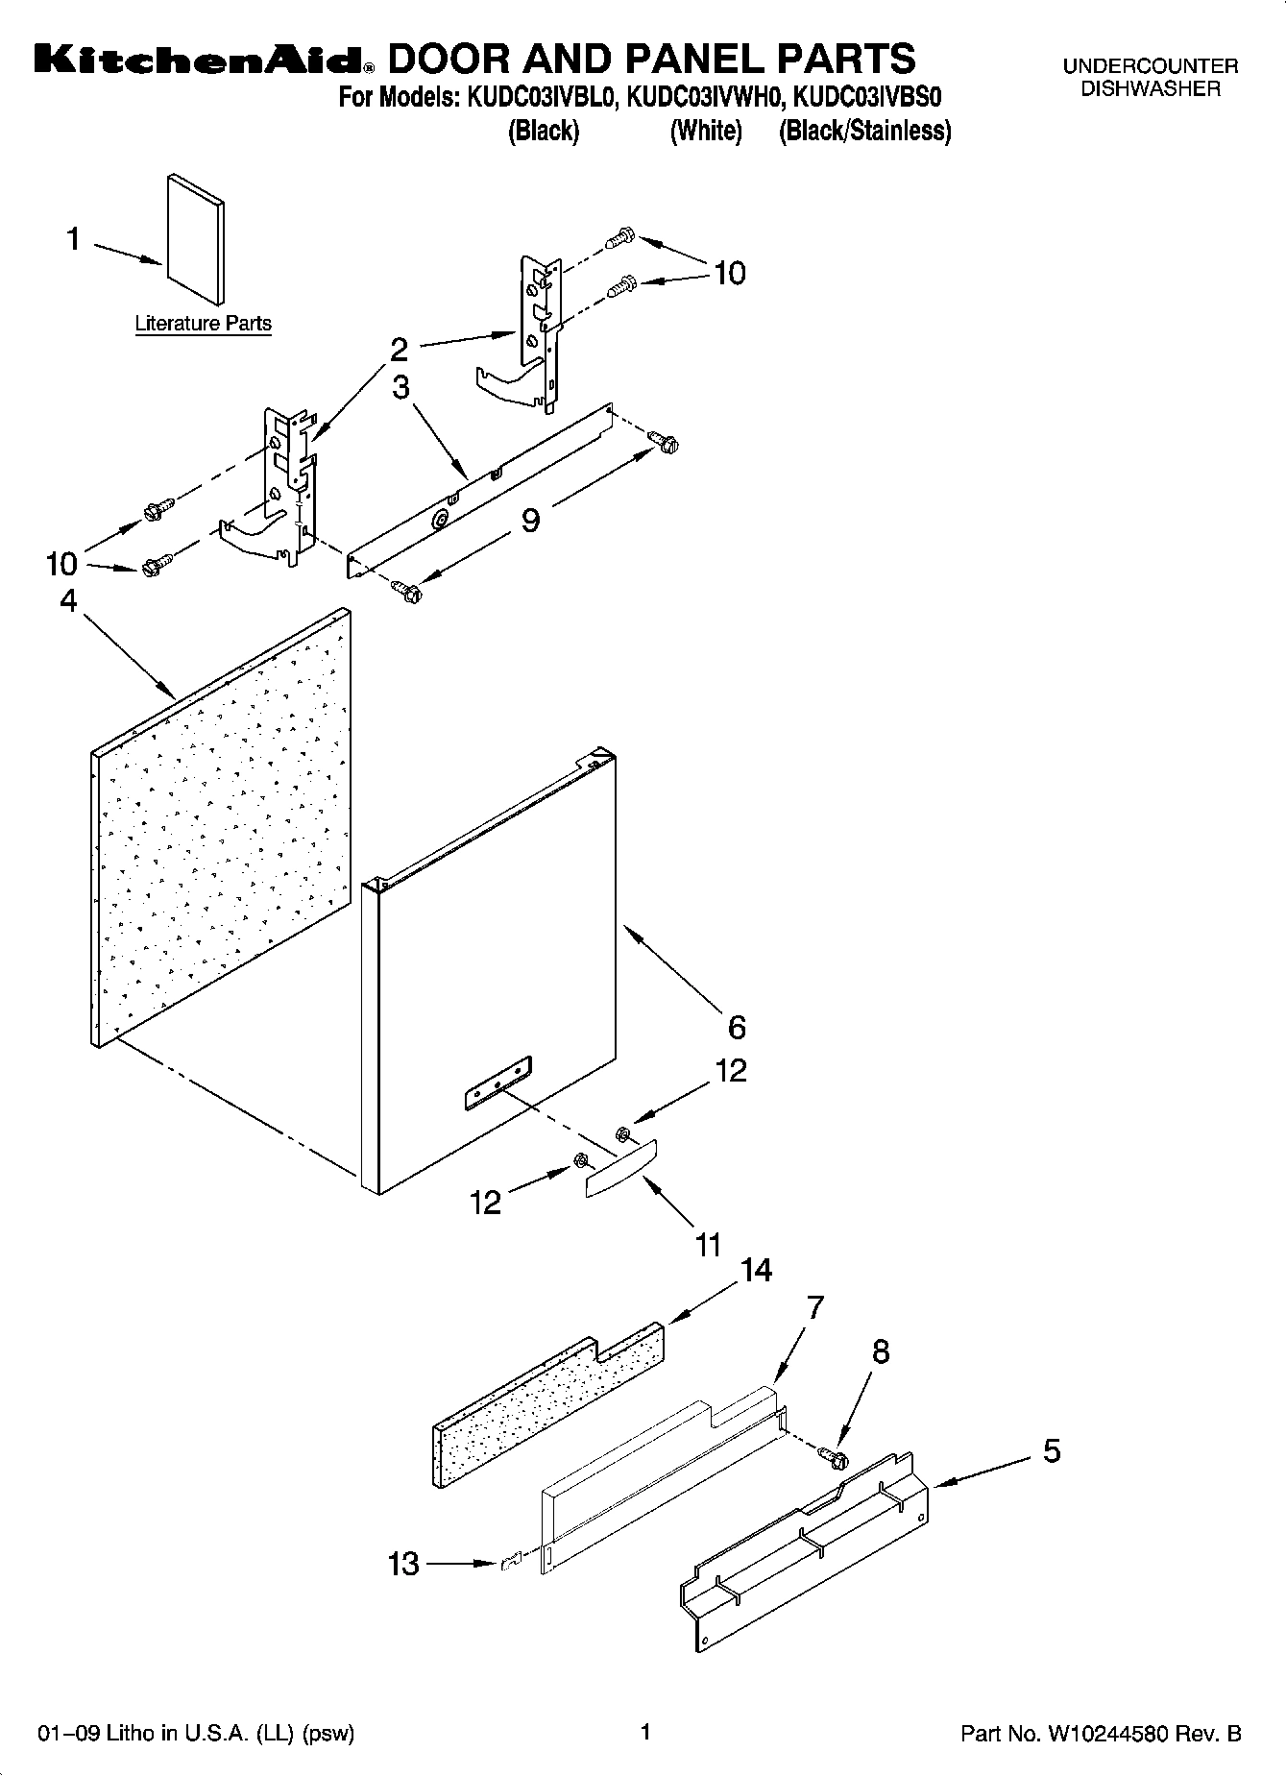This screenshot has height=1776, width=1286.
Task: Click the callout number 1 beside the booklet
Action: point(73,238)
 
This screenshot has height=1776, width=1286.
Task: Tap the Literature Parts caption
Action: point(203,324)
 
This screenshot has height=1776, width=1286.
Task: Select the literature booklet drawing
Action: point(196,239)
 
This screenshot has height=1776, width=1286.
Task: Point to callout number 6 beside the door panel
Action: point(737,1028)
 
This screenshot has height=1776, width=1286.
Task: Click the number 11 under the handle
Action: point(708,1246)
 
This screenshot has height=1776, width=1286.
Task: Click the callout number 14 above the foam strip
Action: point(756,1270)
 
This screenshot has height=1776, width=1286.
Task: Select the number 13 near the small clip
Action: point(403,1564)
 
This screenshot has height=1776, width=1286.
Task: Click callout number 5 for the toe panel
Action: point(1052,1450)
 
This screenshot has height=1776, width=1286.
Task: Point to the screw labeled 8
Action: point(835,1458)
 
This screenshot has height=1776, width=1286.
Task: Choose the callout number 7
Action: point(814,1306)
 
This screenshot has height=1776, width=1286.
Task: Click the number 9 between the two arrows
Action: point(530,520)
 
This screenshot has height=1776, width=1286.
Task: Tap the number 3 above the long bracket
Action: point(400,387)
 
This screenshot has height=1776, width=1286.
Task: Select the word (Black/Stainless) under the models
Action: point(864,131)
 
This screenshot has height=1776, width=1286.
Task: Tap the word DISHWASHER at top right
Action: point(1151,89)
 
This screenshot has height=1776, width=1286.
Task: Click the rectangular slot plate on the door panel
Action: point(497,1083)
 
